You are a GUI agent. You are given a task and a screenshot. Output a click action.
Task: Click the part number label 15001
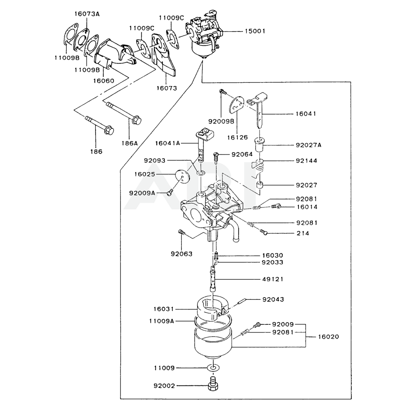click(255, 31)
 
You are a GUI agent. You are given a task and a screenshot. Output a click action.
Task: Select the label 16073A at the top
click(87, 14)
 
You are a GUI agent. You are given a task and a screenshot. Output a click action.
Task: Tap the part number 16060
click(103, 81)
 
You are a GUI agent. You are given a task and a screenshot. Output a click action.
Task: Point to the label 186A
click(130, 143)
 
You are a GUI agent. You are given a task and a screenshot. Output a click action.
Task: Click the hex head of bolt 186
click(109, 131)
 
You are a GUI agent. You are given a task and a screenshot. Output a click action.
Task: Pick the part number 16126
click(239, 137)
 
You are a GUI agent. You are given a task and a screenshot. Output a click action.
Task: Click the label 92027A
click(308, 145)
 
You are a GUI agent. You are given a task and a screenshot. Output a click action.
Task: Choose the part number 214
click(303, 233)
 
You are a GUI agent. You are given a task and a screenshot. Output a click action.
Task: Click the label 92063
click(182, 253)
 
